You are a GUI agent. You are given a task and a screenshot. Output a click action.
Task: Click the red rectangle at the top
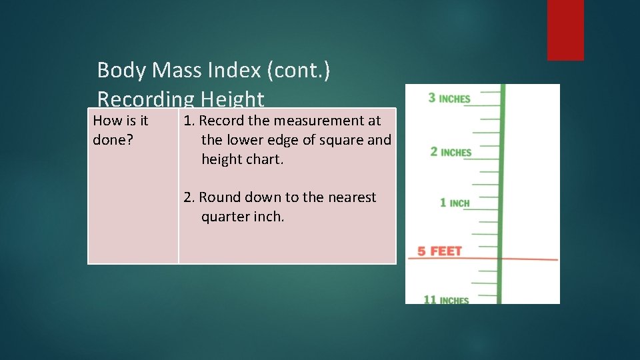pyautogui.click(x=565, y=29)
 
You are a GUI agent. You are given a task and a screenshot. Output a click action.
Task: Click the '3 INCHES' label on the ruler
pyautogui.click(x=449, y=99)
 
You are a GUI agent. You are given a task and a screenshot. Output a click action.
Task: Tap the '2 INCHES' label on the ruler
pyautogui.click(x=451, y=152)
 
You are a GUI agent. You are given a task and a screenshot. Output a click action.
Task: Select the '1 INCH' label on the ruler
pyautogui.click(x=455, y=203)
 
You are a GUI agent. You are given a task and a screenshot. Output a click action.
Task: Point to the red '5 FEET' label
pyautogui.click(x=439, y=251)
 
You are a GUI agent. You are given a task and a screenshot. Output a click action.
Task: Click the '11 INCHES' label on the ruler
pyautogui.click(x=446, y=300)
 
